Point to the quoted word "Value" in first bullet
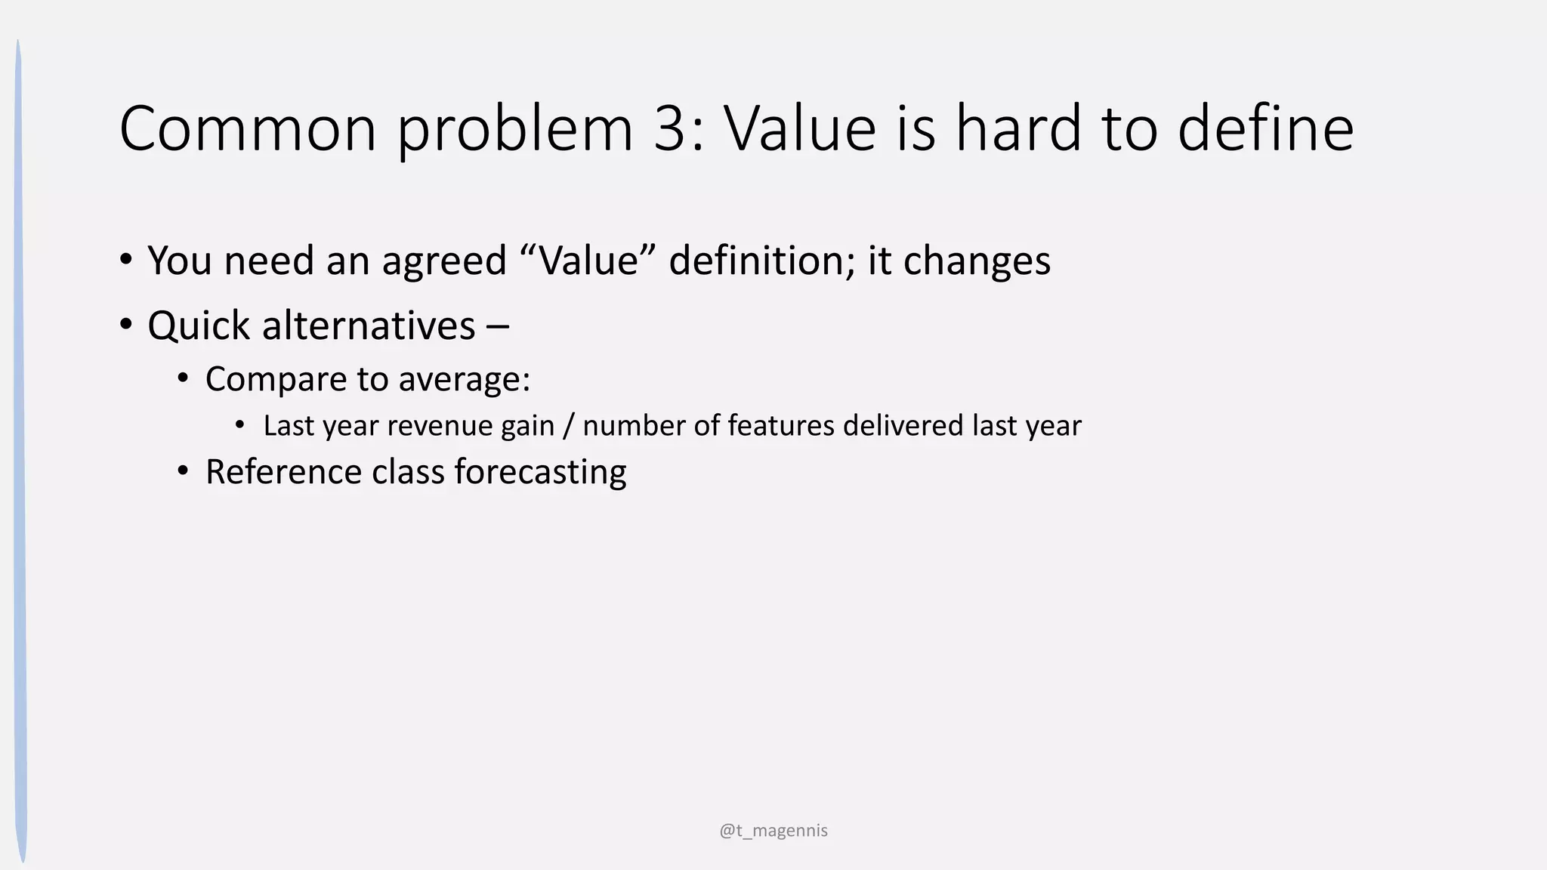(588, 261)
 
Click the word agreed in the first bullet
(444, 261)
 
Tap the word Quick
(199, 326)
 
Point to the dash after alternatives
(498, 327)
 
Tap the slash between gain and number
(568, 426)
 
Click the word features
(780, 426)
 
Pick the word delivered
(903, 426)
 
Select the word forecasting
(540, 473)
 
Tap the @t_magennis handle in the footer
(773, 831)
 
